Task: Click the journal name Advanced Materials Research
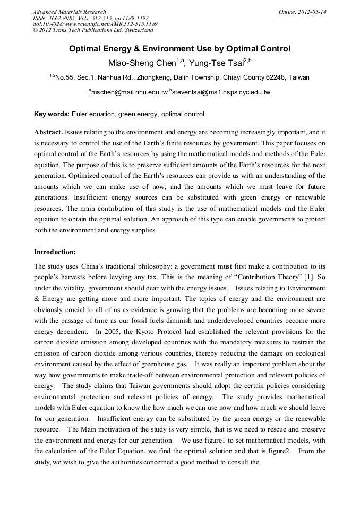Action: (69, 12)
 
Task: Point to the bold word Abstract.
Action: (49, 131)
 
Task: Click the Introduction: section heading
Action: (55, 252)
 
